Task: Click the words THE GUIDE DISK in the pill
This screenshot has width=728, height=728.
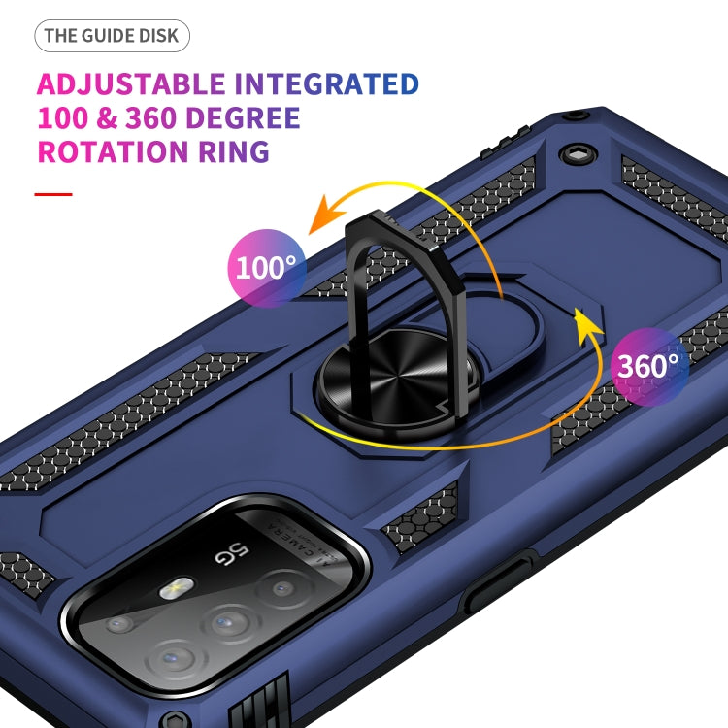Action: pyautogui.click(x=112, y=37)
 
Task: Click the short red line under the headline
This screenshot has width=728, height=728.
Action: pyautogui.click(x=53, y=194)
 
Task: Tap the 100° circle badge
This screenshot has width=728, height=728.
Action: pyautogui.click(x=266, y=267)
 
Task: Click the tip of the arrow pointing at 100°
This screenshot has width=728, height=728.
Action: pyautogui.click(x=311, y=230)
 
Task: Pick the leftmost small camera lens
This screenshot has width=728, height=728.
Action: pyautogui.click(x=120, y=624)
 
